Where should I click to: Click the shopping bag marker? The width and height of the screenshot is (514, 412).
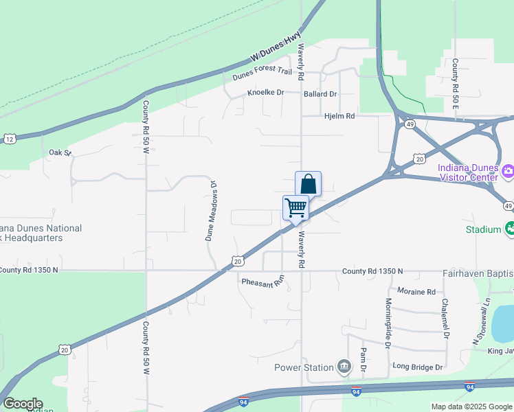point(308,184)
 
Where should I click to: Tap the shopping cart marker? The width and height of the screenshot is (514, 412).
point(295,207)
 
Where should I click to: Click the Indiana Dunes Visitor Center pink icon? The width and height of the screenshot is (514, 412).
point(509,171)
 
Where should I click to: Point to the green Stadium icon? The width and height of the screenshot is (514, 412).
point(509,229)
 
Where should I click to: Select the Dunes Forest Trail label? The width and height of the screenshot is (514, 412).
point(262,71)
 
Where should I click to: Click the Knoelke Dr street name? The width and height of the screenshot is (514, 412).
point(265,93)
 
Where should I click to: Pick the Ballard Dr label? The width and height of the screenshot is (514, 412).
point(320,94)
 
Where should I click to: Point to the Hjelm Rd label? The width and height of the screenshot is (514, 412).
point(339,117)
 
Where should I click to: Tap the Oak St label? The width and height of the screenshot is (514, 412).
point(60,152)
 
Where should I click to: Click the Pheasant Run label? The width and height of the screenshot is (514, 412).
point(262,282)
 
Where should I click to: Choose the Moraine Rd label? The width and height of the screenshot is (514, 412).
point(416,292)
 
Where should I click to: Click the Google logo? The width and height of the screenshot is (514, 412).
point(23,404)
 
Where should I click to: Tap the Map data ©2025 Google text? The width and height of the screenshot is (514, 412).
point(471,407)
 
